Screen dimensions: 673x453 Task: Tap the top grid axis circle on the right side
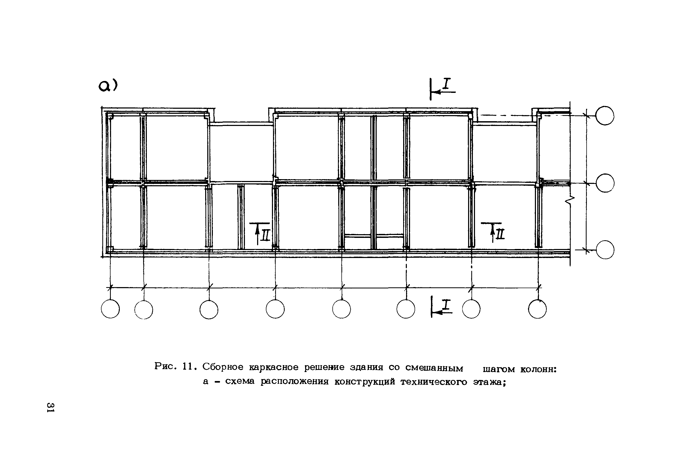pyautogui.click(x=605, y=116)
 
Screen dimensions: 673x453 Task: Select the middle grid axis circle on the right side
pyautogui.click(x=605, y=183)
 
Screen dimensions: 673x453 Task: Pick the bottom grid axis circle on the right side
pyautogui.click(x=605, y=250)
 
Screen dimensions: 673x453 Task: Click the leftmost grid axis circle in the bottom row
pyautogui.click(x=110, y=309)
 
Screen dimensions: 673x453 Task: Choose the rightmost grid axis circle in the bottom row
pyautogui.click(x=537, y=309)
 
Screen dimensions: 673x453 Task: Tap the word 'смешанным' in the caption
pyautogui.click(x=434, y=368)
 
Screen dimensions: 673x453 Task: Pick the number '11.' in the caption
pyautogui.click(x=190, y=366)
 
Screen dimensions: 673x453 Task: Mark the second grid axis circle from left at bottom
pyautogui.click(x=144, y=309)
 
